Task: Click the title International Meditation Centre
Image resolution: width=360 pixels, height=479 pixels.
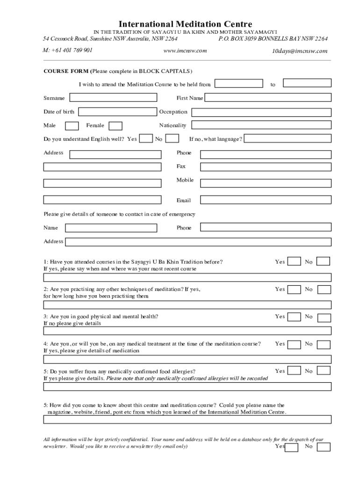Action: point(185,24)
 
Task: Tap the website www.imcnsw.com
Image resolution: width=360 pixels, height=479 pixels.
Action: point(185,51)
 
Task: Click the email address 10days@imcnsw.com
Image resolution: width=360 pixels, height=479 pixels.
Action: point(300,51)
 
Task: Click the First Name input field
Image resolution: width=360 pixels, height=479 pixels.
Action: point(268,98)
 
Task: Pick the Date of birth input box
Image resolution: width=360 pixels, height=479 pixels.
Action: point(117,112)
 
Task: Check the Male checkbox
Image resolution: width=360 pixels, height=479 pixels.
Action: point(72,126)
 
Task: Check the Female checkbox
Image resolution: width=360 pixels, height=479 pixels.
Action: point(115,126)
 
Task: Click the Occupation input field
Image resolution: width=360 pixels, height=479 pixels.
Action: point(261,112)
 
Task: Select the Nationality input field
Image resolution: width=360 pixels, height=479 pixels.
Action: point(261,125)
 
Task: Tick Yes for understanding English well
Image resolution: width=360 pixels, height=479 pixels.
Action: point(146,138)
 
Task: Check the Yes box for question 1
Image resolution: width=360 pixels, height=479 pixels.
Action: point(294,261)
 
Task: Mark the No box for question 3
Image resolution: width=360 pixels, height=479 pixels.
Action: point(324,318)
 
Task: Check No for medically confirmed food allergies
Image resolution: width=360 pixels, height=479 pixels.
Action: point(324,371)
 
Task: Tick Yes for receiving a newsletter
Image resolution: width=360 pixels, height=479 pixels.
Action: point(292,448)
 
